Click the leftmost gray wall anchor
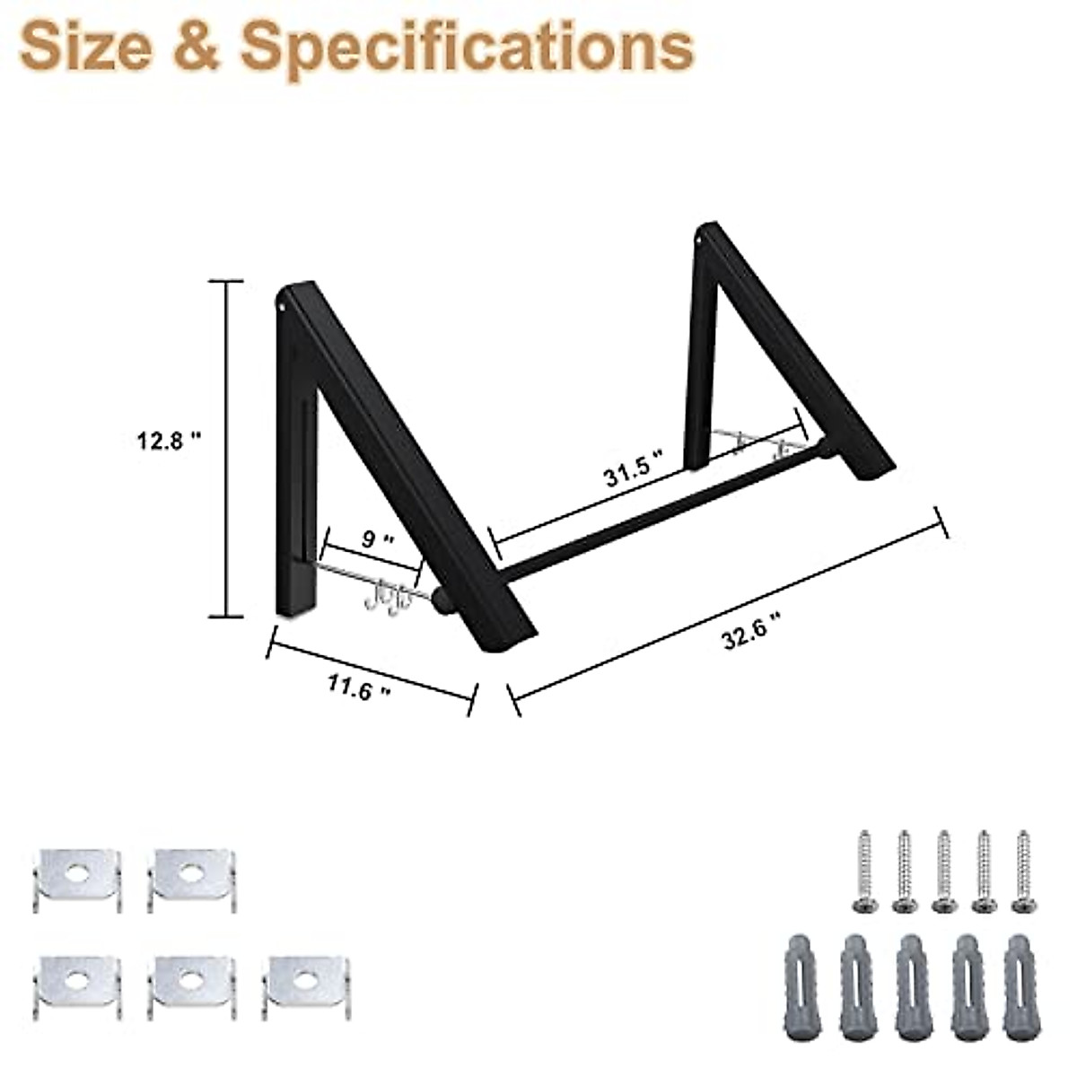(x=798, y=987)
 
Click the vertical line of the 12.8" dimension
(x=225, y=449)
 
